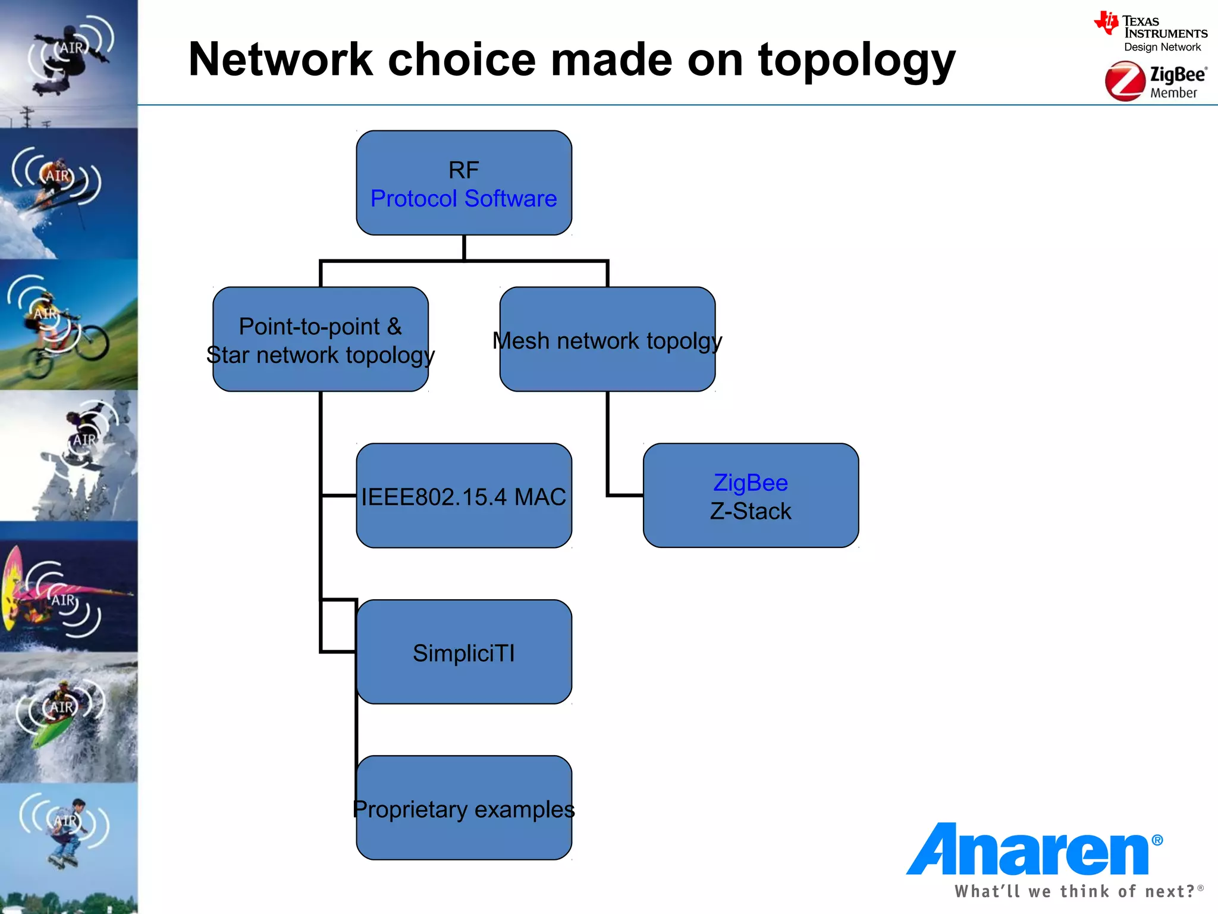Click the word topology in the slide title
[x=856, y=61]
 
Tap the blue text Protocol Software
[x=464, y=199]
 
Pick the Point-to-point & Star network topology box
[x=321, y=339]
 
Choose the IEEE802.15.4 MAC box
[x=464, y=496]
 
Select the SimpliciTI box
[x=464, y=652]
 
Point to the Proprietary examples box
[x=464, y=808]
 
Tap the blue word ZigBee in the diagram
[x=751, y=483]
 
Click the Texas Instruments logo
[x=1150, y=32]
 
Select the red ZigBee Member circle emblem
[x=1125, y=82]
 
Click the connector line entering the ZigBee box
[x=624, y=494]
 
